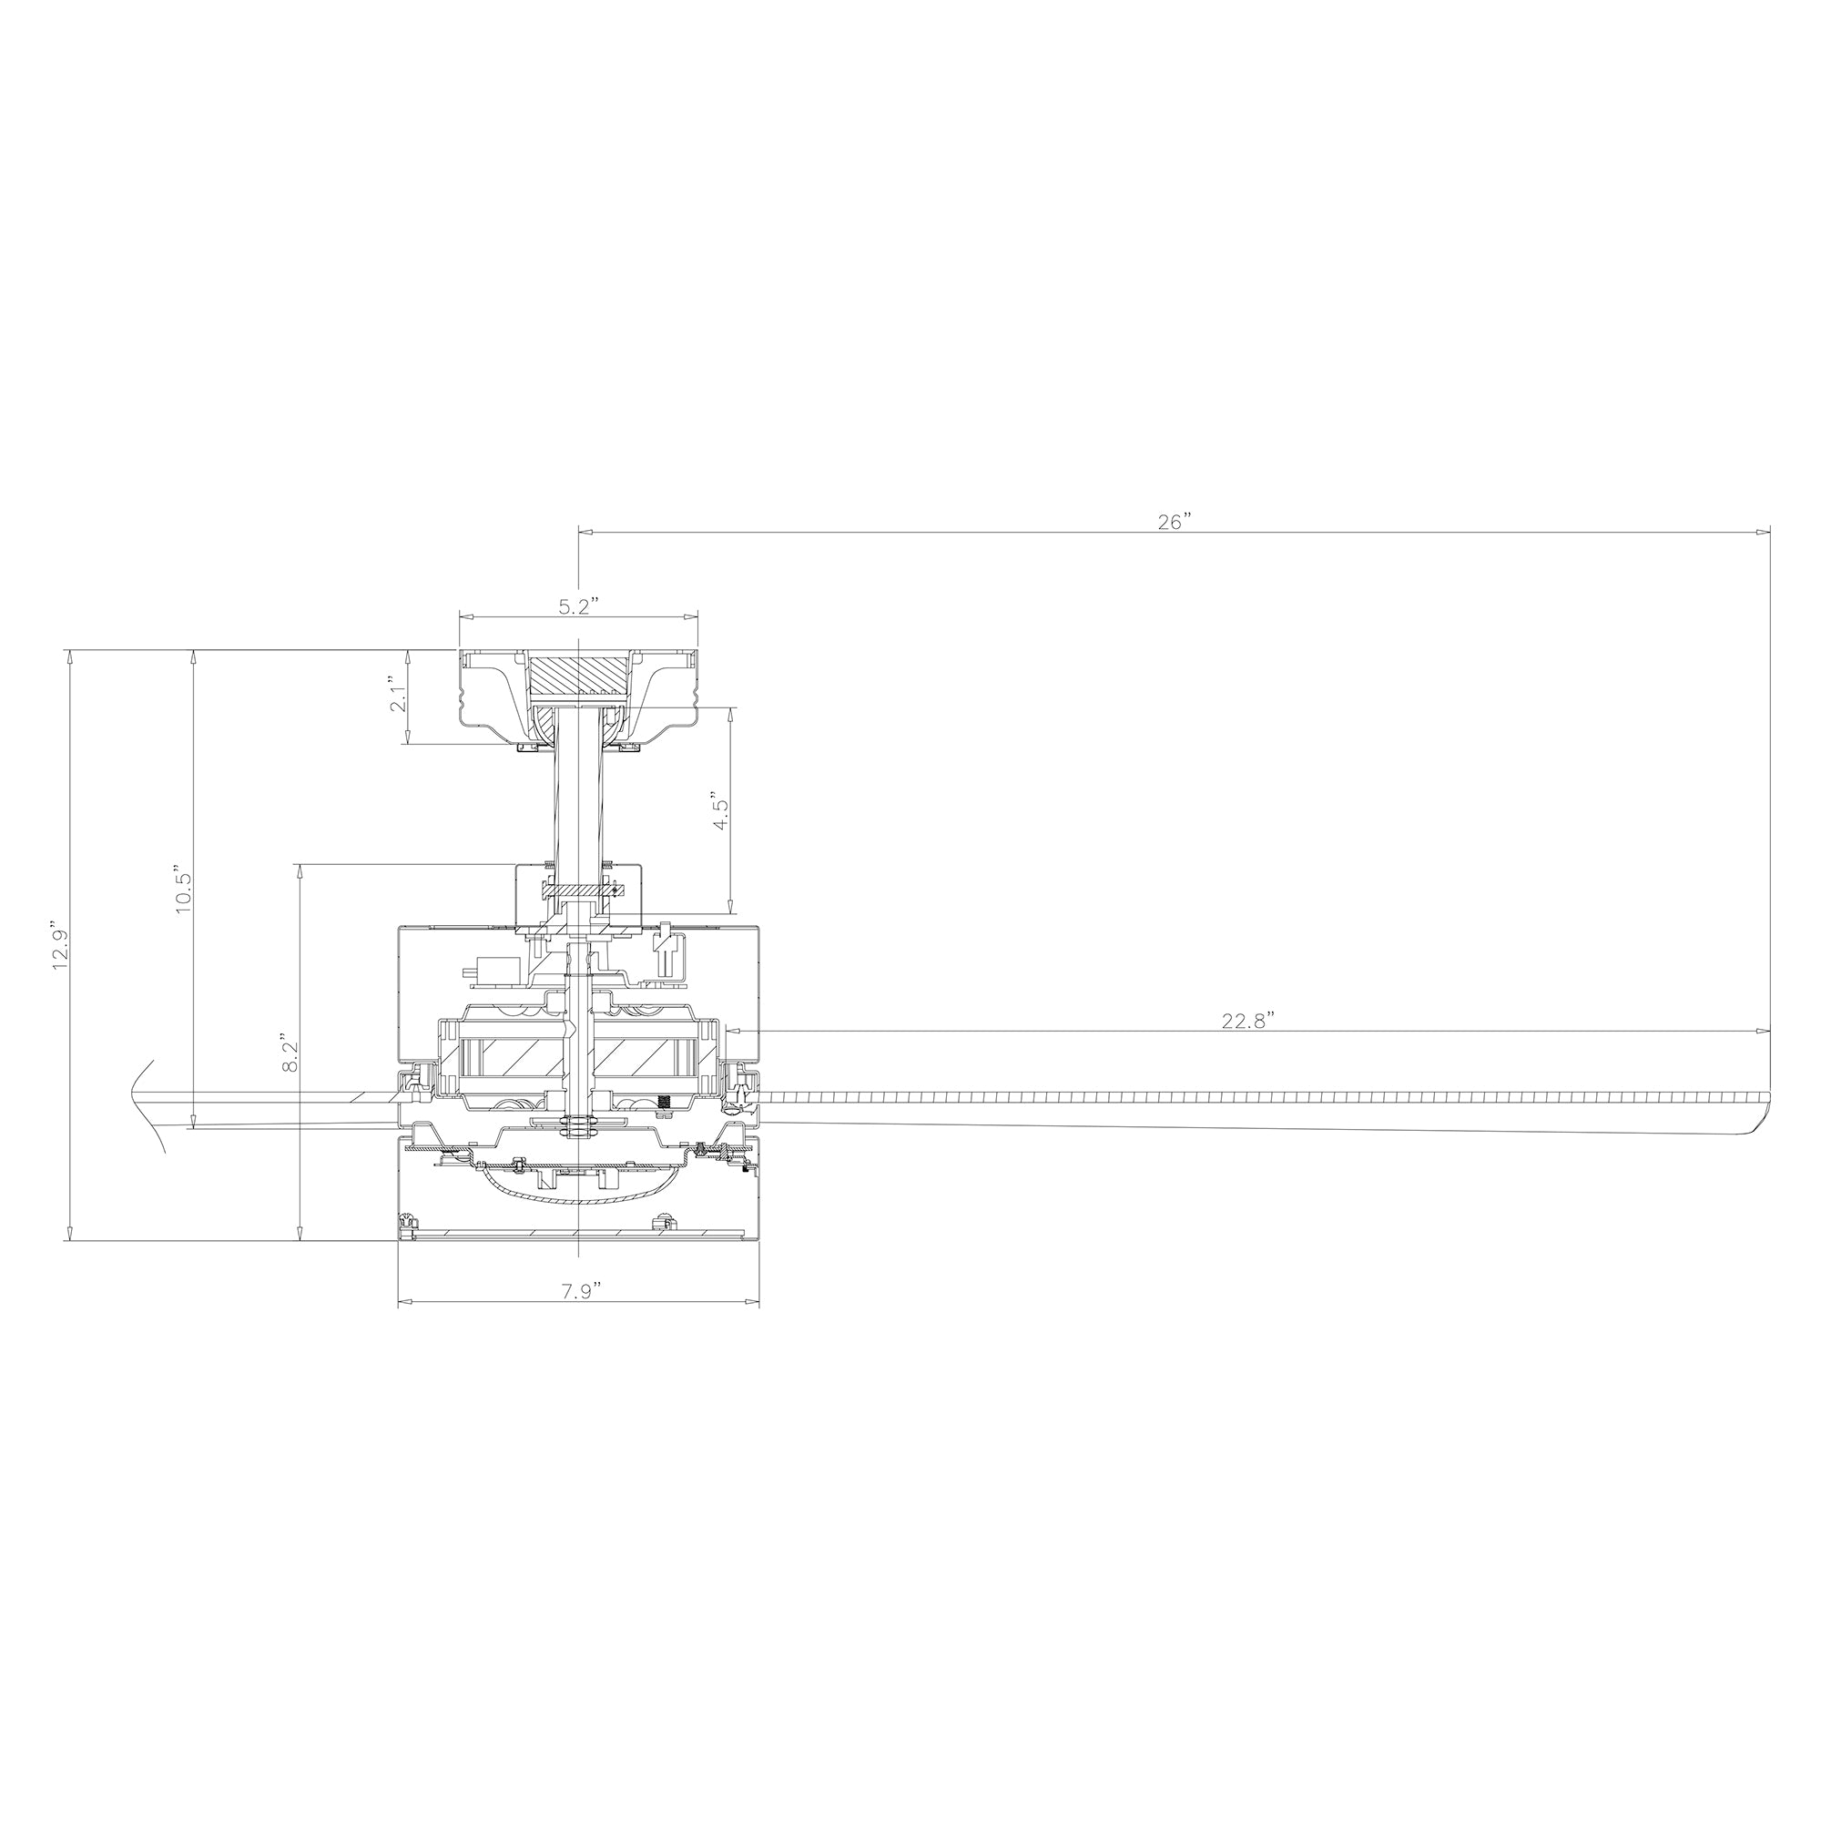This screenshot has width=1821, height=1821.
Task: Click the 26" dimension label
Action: (1175, 522)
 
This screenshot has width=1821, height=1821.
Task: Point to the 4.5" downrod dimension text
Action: (720, 809)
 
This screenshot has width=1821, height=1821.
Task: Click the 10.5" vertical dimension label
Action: (184, 887)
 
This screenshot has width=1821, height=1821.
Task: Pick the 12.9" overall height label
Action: (60, 943)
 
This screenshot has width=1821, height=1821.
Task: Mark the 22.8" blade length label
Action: (1248, 1021)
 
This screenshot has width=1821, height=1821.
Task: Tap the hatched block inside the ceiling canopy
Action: (579, 676)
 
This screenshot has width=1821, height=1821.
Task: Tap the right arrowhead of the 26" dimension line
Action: (1765, 533)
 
